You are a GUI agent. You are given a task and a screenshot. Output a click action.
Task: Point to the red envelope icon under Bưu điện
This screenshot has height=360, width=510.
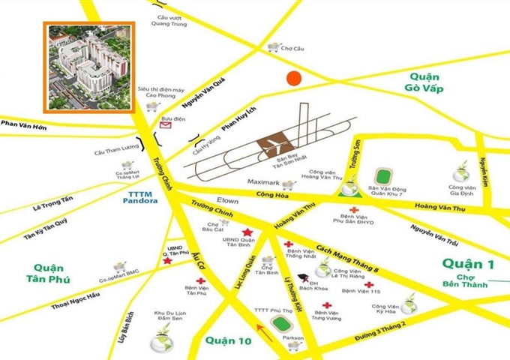pyautogui.click(x=165, y=127)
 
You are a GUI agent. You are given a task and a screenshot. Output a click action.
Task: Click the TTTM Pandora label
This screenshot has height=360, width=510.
pyautogui.click(x=138, y=197)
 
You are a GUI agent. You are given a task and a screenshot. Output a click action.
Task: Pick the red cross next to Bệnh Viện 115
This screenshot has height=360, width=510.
pyautogui.click(x=369, y=284)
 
